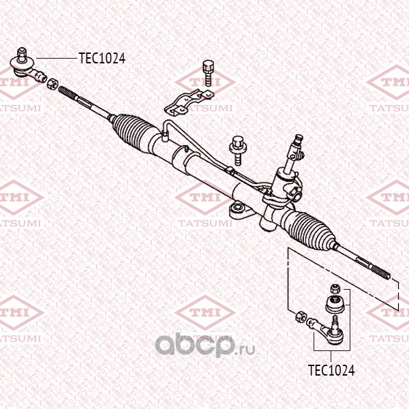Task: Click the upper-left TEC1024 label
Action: pyautogui.click(x=102, y=58)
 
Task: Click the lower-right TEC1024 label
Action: pyautogui.click(x=331, y=370)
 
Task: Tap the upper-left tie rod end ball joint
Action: pyautogui.click(x=27, y=67)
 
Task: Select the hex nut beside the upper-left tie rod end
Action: pyautogui.click(x=52, y=84)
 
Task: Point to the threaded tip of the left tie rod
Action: pyautogui.click(x=67, y=93)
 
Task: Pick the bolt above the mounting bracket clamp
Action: pyautogui.click(x=208, y=73)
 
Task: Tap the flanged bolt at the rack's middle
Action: pyautogui.click(x=237, y=151)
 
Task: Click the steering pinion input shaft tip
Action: pyautogui.click(x=299, y=139)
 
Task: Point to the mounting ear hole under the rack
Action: pyautogui.click(x=238, y=208)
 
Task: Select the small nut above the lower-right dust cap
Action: pyautogui.click(x=335, y=288)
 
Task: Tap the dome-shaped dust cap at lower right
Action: pyautogui.click(x=335, y=304)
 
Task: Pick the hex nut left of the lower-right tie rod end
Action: pyautogui.click(x=301, y=316)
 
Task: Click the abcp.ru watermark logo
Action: pyautogui.click(x=205, y=345)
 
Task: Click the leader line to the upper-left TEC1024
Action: pyautogui.click(x=57, y=58)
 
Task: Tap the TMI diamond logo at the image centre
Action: pyautogui.click(x=205, y=198)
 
